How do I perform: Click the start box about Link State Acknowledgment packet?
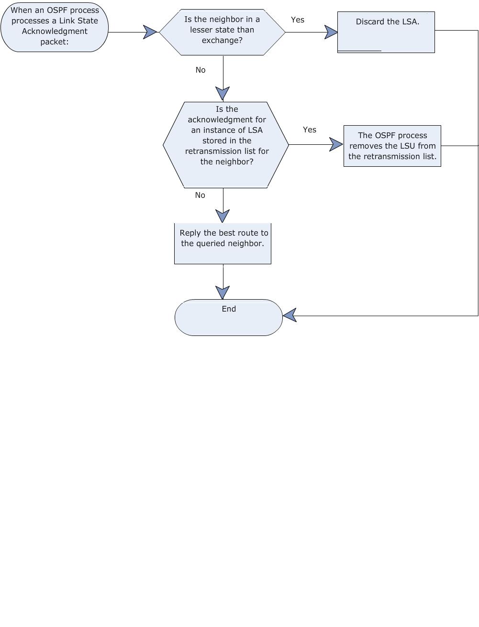pos(55,27)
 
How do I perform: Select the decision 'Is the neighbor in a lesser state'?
pos(222,32)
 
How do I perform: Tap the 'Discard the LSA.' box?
pos(386,32)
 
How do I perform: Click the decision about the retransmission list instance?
pos(226,145)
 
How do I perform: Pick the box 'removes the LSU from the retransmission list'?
pos(392,146)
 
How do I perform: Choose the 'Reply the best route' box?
pos(223,243)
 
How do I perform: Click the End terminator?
pos(228,317)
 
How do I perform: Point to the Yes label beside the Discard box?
pos(298,20)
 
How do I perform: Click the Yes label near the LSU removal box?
pos(310,130)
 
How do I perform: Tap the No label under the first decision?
pos(201,70)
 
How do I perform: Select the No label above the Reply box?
pos(200,195)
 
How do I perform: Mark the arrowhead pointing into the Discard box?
pos(331,32)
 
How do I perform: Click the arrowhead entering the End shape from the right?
pos(290,315)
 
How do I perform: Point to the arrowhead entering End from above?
pos(223,293)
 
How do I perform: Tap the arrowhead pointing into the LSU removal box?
pos(336,144)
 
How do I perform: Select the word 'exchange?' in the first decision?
pos(222,40)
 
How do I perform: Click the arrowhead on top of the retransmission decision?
pos(223,94)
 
